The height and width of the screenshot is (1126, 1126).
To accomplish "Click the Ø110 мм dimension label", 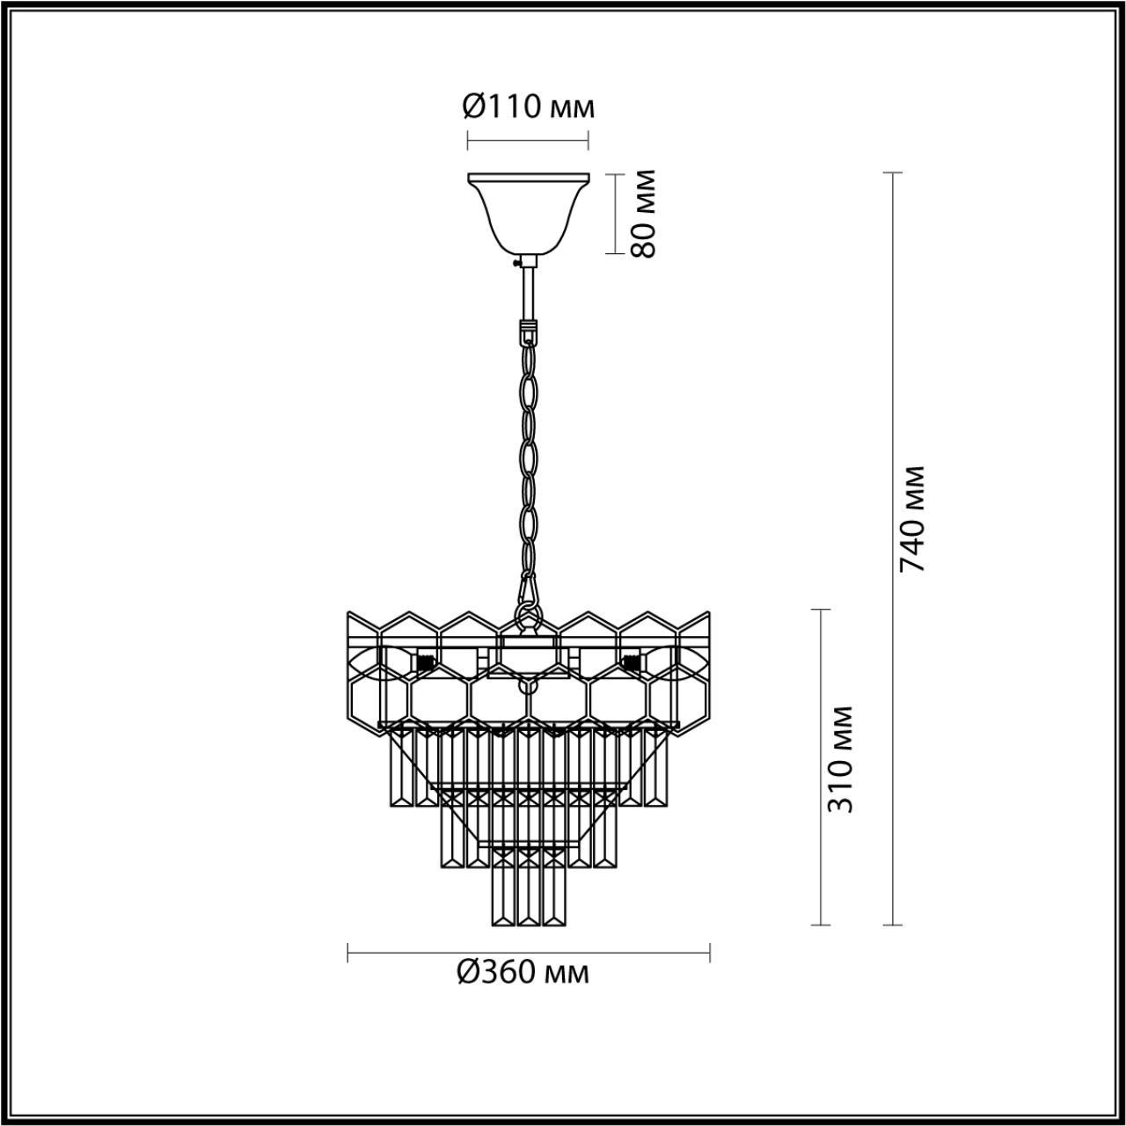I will pyautogui.click(x=528, y=107).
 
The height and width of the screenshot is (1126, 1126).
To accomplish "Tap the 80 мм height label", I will pyautogui.click(x=644, y=213).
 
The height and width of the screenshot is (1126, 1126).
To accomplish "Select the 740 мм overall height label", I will pyautogui.click(x=912, y=518).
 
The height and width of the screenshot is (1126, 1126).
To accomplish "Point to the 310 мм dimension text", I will pyautogui.click(x=841, y=758).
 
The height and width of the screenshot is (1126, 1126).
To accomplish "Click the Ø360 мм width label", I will pyautogui.click(x=523, y=972).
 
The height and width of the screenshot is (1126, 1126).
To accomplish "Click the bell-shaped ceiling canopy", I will pyautogui.click(x=528, y=211).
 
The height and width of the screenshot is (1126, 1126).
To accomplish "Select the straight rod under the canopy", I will pyautogui.click(x=528, y=295).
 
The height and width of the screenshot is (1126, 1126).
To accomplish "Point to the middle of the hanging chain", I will pyautogui.click(x=528, y=457).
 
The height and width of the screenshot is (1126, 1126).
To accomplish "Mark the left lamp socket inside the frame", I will pyautogui.click(x=425, y=659).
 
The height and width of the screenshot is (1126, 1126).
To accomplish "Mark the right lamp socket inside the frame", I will pyautogui.click(x=630, y=659).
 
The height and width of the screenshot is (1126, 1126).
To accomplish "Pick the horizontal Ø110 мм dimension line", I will pyautogui.click(x=528, y=139).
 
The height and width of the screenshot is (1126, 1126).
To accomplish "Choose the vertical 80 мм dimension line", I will pyautogui.click(x=614, y=213).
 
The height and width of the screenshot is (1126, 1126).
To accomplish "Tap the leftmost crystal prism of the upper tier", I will pyautogui.click(x=401, y=765).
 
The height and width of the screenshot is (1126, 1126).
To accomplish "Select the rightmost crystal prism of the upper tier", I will pyautogui.click(x=656, y=765).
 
